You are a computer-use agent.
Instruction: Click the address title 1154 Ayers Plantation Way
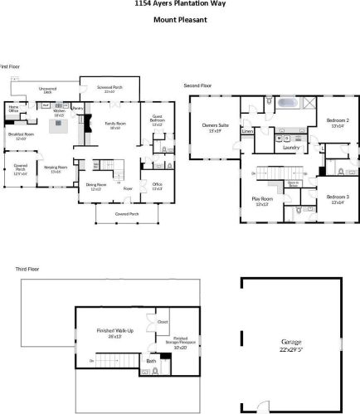pos(179,3)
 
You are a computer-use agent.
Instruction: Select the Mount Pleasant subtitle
pos(179,21)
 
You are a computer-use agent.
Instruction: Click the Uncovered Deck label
pos(47,90)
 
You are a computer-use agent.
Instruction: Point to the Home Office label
pos(13,108)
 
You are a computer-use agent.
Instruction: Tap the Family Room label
pos(113,125)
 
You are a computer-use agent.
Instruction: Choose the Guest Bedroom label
pos(158,121)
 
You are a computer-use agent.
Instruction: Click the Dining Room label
pos(96,188)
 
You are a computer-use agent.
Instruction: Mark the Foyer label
pos(128,188)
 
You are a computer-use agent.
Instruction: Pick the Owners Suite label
pos(215,128)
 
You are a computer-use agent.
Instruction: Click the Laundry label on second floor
pos(290,148)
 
